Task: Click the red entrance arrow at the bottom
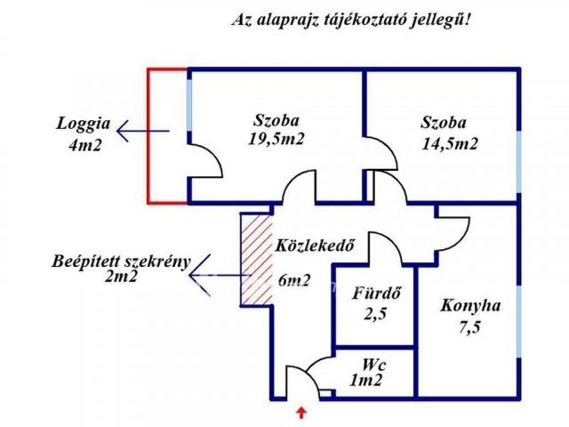tap(301, 413)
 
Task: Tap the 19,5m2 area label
tap(276, 139)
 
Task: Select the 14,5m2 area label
tap(450, 144)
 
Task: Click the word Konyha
tap(470, 306)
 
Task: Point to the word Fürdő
tap(376, 293)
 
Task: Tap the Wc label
tap(373, 365)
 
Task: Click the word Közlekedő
tap(315, 246)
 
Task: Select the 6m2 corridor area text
tap(294, 280)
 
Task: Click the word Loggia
tap(83, 125)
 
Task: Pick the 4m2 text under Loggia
tap(85, 146)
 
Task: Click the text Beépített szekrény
tap(121, 262)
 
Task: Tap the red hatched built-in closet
tap(257, 259)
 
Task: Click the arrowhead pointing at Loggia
tap(123, 131)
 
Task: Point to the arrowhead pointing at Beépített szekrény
tap(199, 275)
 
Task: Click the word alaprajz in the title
tap(287, 20)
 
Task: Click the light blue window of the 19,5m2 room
tap(189, 105)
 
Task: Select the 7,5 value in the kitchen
tap(469, 328)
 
